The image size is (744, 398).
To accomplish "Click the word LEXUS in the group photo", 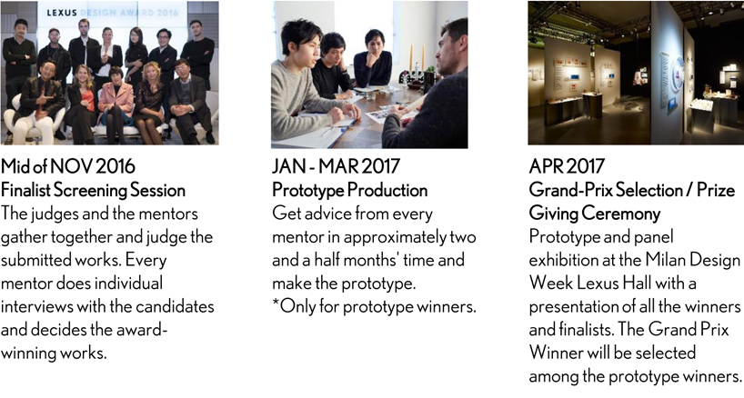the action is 62,13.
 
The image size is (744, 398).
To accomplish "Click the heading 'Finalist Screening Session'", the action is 93,190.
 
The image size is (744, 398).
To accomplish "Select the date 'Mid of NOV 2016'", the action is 68,166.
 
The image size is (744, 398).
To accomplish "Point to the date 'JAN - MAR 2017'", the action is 336,166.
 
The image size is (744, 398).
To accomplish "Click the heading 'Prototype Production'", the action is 349,190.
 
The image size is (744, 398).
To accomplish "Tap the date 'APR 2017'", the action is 567,166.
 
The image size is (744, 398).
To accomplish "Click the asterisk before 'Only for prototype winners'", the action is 276,303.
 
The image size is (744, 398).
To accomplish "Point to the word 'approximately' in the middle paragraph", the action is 395,237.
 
